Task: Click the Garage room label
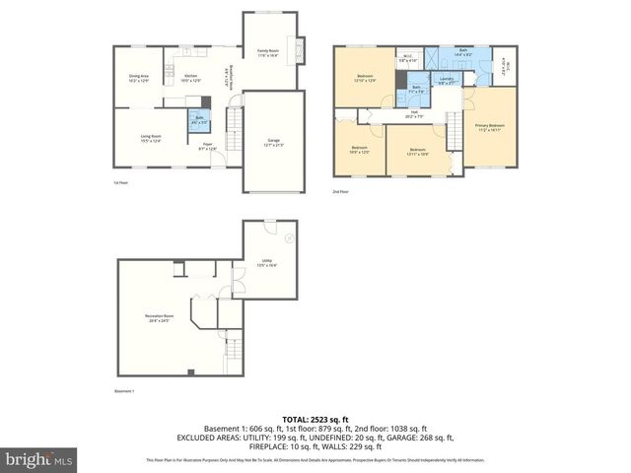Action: pos(267,142)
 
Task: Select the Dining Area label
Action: pos(138,78)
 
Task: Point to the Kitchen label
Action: pos(193,78)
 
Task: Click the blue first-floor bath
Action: pos(199,120)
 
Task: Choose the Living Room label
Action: pos(150,138)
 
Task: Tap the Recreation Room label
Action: pos(161,317)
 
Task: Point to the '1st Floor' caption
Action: pos(119,182)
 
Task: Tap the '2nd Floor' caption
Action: pos(341,191)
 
